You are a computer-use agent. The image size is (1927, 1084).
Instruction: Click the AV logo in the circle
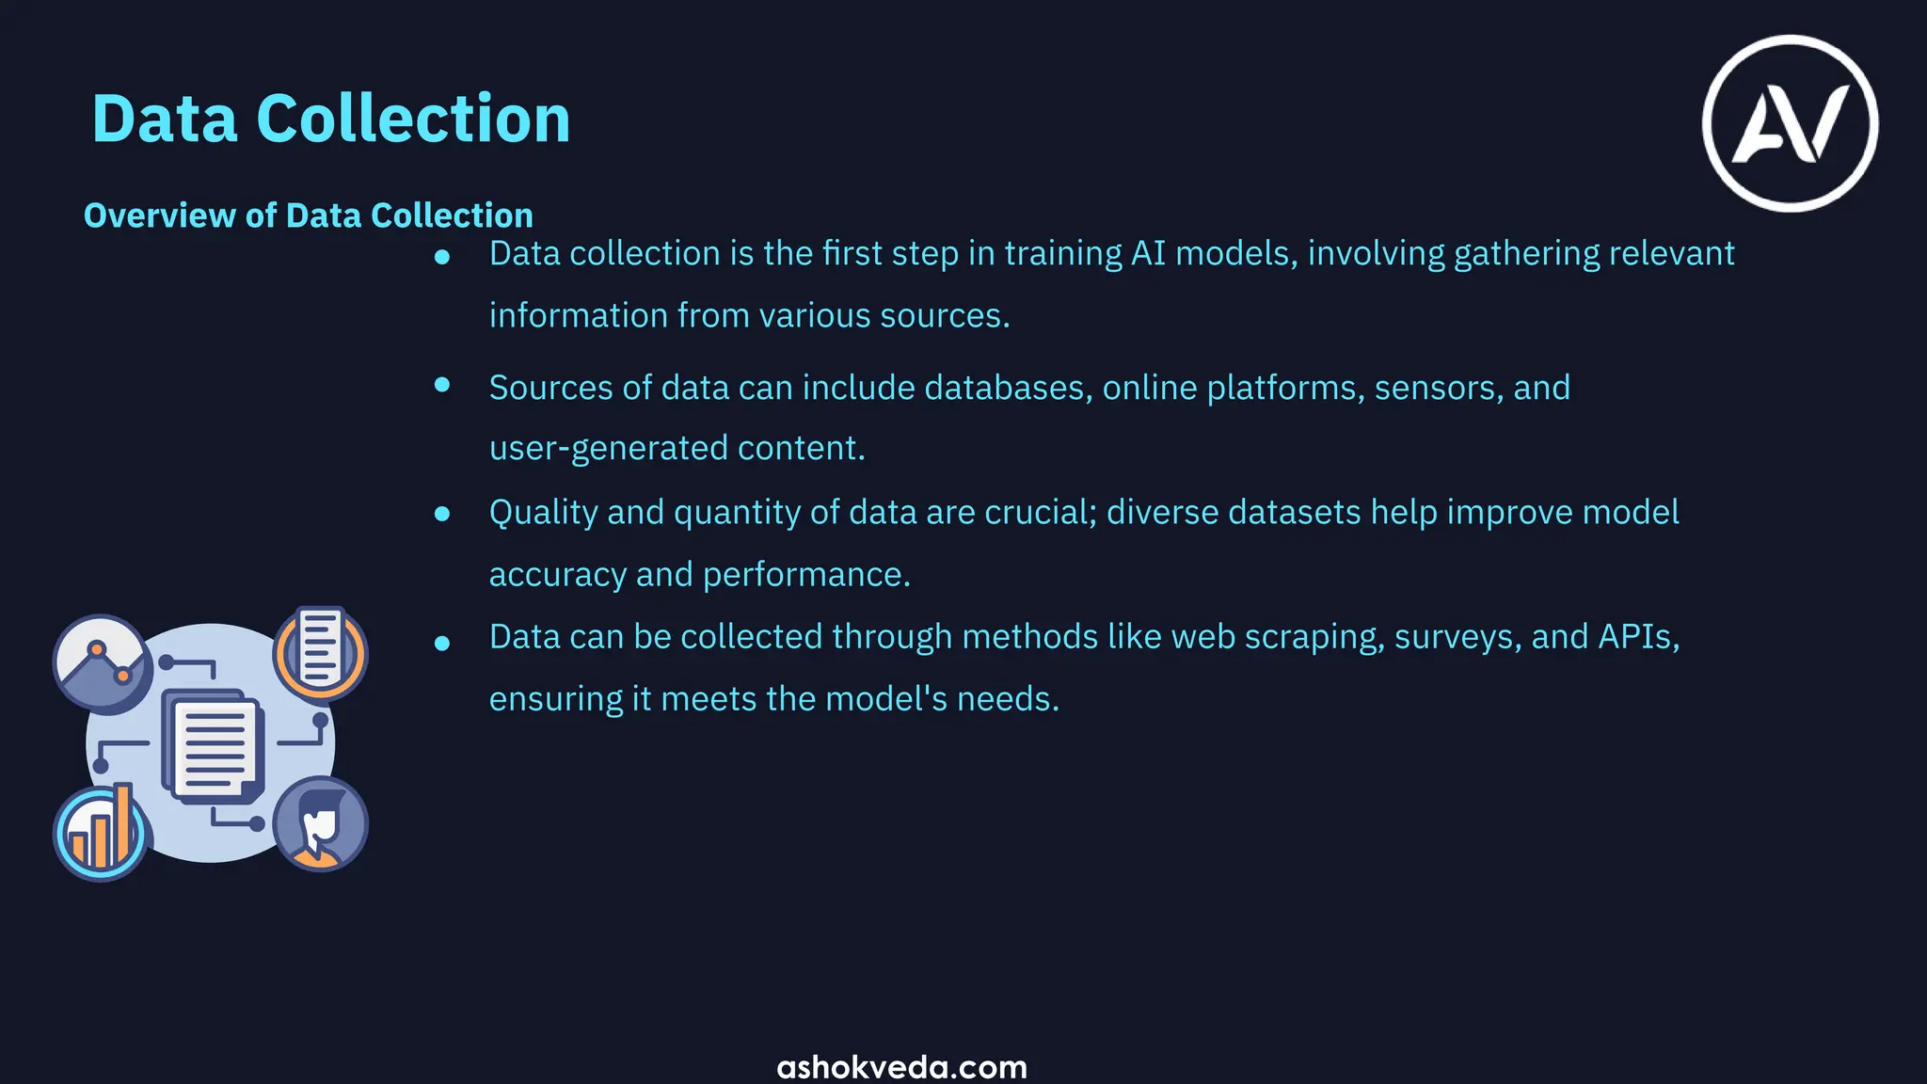1790,123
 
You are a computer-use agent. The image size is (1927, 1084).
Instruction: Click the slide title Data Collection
331,120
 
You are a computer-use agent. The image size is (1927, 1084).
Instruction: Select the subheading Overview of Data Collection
309,215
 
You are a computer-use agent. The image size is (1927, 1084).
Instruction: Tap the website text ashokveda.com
901,1067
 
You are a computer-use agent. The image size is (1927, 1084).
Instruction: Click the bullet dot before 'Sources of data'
442,384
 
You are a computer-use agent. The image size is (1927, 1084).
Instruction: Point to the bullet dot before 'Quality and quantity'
442,514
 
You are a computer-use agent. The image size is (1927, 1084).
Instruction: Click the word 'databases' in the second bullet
1008,388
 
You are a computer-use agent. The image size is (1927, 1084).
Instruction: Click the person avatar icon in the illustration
320,824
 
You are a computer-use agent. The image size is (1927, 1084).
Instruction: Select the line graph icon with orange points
102,662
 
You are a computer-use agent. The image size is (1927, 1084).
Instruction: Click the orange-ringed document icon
320,651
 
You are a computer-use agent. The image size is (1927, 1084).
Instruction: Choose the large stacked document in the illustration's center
214,745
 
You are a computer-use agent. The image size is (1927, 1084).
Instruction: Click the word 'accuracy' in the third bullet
558,574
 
